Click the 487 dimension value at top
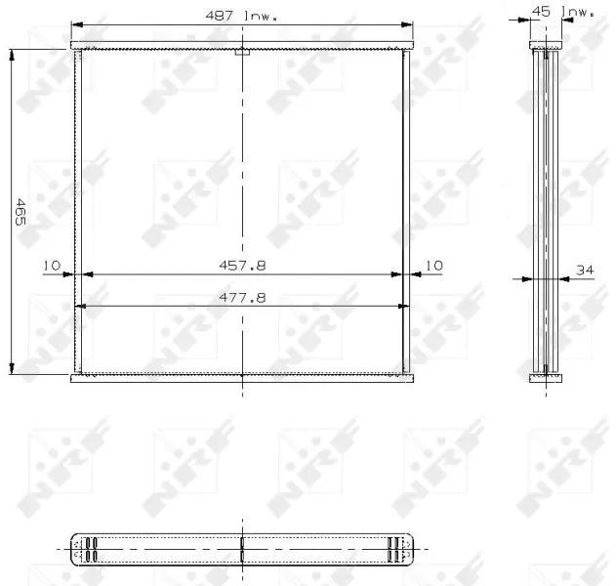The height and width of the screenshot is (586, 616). click(x=220, y=16)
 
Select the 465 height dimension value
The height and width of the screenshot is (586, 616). click(x=21, y=212)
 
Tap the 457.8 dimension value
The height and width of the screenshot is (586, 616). click(x=242, y=266)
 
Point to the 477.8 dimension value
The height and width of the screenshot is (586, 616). click(x=242, y=298)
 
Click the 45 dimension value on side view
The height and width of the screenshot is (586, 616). click(x=541, y=12)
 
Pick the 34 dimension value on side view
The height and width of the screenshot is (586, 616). click(x=585, y=270)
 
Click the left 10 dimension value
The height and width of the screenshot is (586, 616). click(x=52, y=266)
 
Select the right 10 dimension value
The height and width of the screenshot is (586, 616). click(x=434, y=266)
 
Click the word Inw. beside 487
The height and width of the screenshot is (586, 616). click(x=261, y=17)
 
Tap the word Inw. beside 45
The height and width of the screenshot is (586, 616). click(x=578, y=12)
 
